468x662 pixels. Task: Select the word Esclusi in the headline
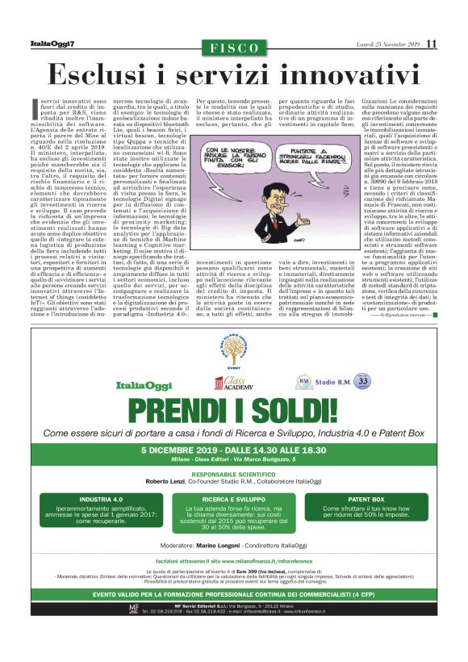pos(114,73)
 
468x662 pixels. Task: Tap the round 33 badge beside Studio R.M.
pos(363,380)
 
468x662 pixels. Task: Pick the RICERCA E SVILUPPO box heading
pos(233,500)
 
